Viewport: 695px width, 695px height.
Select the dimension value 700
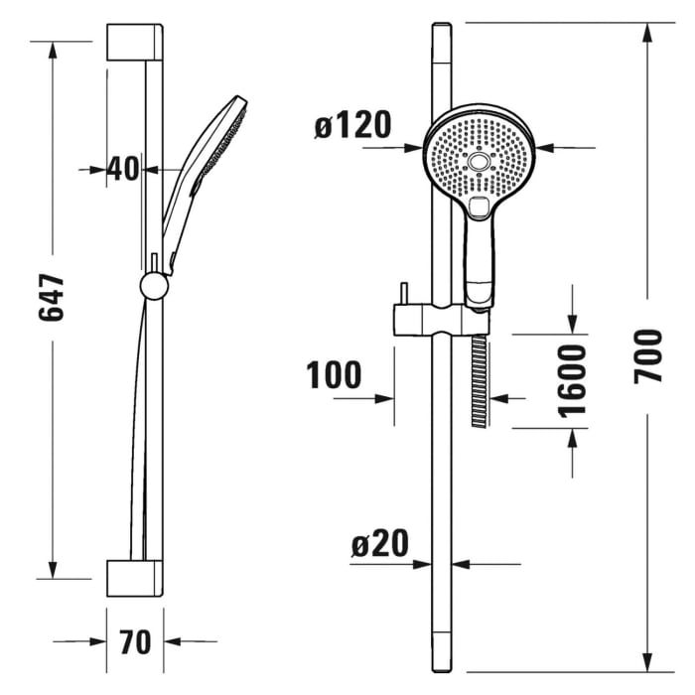coord(648,355)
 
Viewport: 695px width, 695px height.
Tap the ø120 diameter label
coord(351,126)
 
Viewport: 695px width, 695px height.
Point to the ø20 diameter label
coord(379,543)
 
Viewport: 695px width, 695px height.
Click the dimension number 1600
coord(573,380)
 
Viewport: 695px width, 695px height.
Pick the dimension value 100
coord(334,375)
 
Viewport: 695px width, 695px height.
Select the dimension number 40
coord(123,169)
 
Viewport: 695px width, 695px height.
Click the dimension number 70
coord(135,641)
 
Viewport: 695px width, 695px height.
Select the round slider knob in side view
coord(154,286)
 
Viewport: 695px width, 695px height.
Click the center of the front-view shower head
coord(481,161)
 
